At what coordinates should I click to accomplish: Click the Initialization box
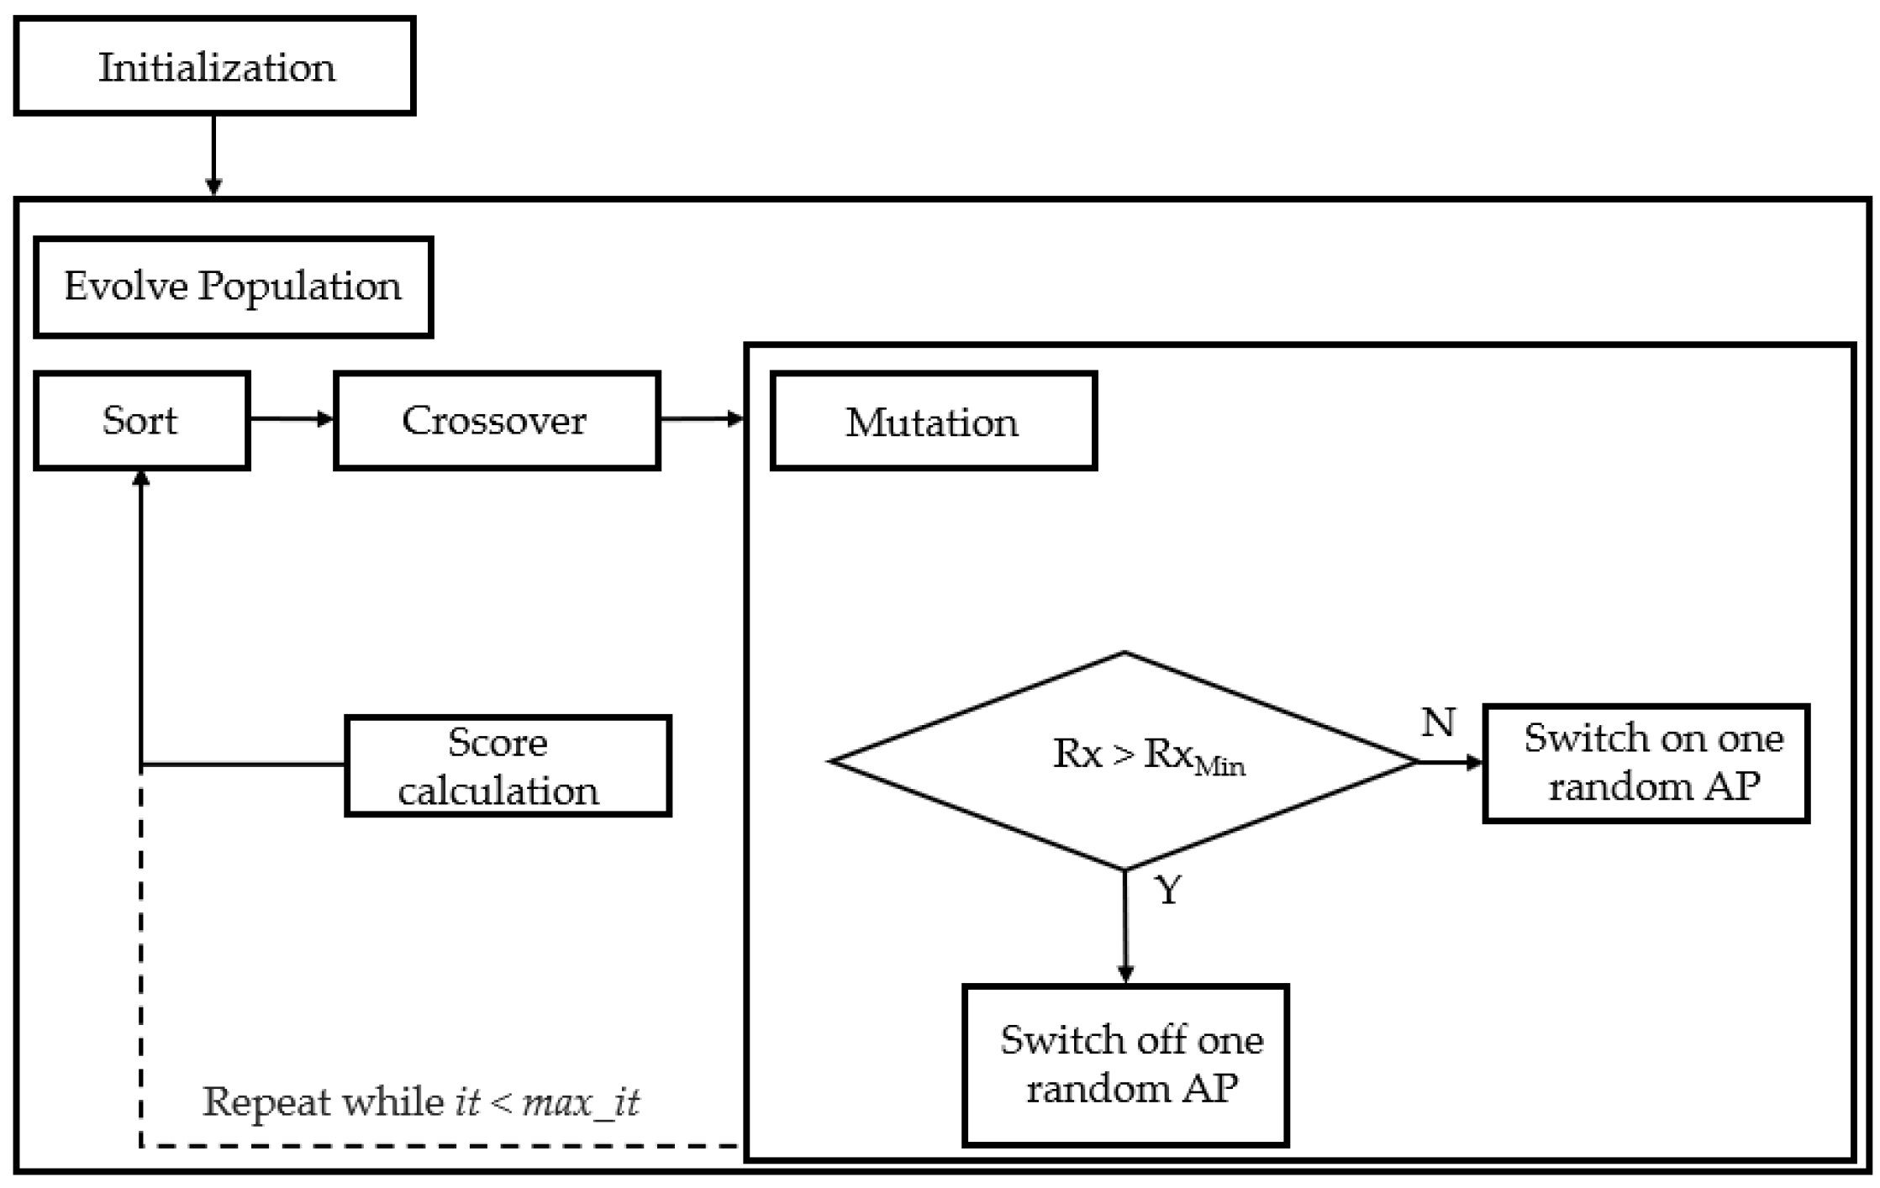tap(215, 66)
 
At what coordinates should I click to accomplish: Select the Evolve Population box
tap(233, 287)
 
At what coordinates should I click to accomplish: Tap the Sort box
tap(141, 420)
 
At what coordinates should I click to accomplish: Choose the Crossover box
tap(496, 420)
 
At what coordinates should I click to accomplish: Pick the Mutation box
tap(933, 421)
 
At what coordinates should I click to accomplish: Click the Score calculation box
tap(508, 765)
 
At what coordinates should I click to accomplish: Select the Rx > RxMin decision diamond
tap(1124, 760)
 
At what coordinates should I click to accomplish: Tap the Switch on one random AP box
tap(1646, 763)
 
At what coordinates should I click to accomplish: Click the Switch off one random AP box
tap(1125, 1064)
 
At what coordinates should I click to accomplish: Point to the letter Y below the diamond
tap(1169, 890)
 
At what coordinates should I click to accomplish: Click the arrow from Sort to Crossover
tap(291, 418)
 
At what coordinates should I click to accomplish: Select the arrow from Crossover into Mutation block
tap(702, 418)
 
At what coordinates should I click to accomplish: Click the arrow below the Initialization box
tap(213, 155)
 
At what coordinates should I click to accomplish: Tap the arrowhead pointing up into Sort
tap(141, 479)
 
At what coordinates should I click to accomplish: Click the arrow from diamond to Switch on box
tap(1451, 762)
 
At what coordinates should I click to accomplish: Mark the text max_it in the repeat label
tap(581, 1102)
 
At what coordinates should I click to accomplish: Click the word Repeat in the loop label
tap(266, 1102)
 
